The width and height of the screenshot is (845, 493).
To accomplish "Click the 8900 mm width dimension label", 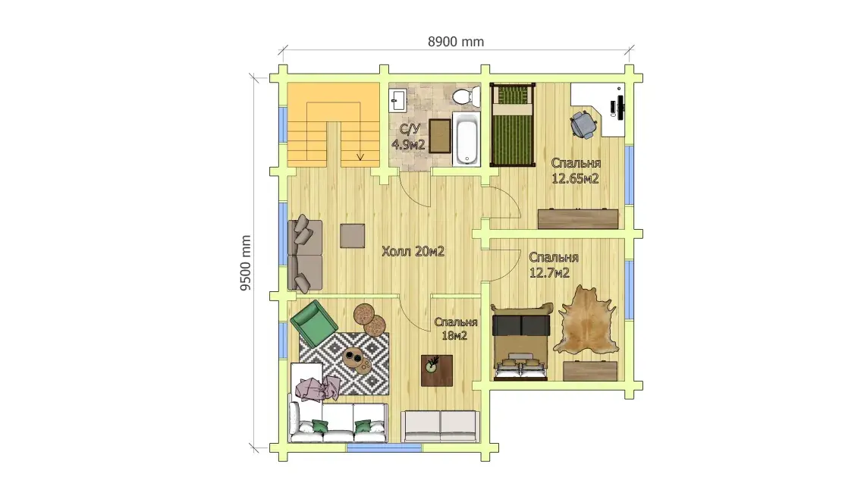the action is (x=455, y=42).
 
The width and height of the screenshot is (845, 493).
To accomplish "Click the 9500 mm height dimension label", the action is (x=246, y=263).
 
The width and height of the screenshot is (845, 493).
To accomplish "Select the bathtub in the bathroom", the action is (x=466, y=139).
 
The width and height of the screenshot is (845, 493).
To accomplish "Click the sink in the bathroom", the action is (x=398, y=100).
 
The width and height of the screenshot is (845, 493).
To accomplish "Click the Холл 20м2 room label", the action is (x=413, y=251).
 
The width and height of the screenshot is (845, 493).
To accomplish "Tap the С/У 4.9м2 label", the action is (x=409, y=137).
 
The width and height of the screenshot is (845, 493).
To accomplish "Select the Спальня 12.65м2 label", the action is (x=575, y=171).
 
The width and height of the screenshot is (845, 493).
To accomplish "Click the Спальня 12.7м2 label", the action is (x=554, y=265).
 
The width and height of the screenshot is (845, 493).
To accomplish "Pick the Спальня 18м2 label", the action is (x=455, y=328).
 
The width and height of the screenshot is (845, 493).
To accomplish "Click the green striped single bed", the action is (x=513, y=125).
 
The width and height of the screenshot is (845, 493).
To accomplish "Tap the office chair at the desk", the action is (x=584, y=124).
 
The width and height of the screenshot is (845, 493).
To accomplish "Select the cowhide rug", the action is (x=587, y=321).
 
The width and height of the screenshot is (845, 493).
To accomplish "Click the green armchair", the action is (x=313, y=324).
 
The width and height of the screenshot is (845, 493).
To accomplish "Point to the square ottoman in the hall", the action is (x=353, y=236).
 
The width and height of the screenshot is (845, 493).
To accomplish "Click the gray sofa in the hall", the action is (x=305, y=254).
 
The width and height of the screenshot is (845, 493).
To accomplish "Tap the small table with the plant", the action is (x=437, y=370).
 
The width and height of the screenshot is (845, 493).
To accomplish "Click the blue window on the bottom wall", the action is (x=384, y=447).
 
